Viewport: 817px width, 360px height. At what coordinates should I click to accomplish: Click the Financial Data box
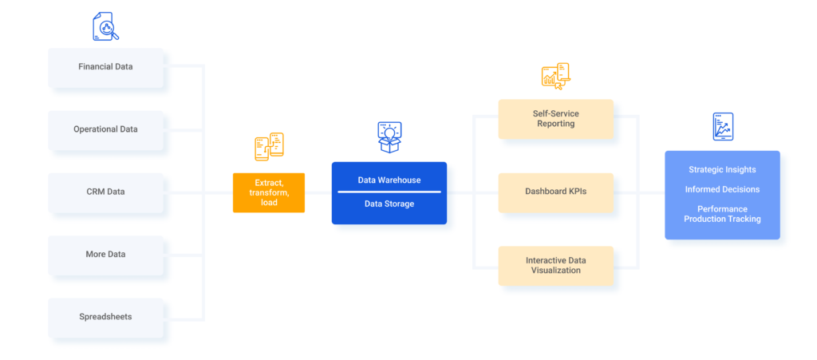click(105, 67)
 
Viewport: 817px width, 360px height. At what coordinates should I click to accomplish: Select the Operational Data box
click(105, 129)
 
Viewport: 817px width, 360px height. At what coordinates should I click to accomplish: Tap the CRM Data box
click(105, 192)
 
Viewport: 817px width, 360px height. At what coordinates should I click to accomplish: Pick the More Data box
click(105, 255)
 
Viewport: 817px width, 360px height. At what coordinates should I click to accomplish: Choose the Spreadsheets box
click(105, 317)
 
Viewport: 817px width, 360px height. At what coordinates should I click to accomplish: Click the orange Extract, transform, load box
click(268, 192)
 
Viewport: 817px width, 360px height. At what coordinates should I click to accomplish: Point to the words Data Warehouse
click(389, 180)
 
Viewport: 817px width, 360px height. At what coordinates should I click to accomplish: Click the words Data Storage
click(389, 204)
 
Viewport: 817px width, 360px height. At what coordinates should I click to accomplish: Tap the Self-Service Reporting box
click(555, 119)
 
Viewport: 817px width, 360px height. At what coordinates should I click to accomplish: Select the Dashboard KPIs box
click(555, 192)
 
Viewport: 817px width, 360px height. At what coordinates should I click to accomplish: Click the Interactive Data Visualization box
click(555, 266)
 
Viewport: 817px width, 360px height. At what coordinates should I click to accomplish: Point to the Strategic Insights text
click(722, 169)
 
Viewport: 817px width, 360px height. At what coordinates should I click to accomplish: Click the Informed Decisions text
click(722, 190)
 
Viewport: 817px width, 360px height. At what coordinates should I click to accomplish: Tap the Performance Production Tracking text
click(722, 214)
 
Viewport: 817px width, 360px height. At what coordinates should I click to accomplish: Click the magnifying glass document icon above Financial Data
click(105, 26)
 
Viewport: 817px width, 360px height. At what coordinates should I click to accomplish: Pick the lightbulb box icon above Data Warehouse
click(389, 137)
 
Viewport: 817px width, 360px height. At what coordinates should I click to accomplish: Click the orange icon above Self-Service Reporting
click(555, 75)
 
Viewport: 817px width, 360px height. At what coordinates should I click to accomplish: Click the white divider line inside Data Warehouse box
click(389, 192)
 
